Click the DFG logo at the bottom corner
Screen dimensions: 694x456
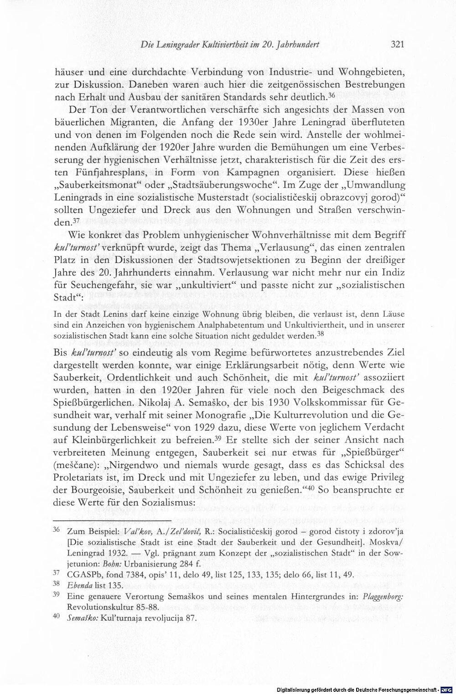point(450,689)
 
